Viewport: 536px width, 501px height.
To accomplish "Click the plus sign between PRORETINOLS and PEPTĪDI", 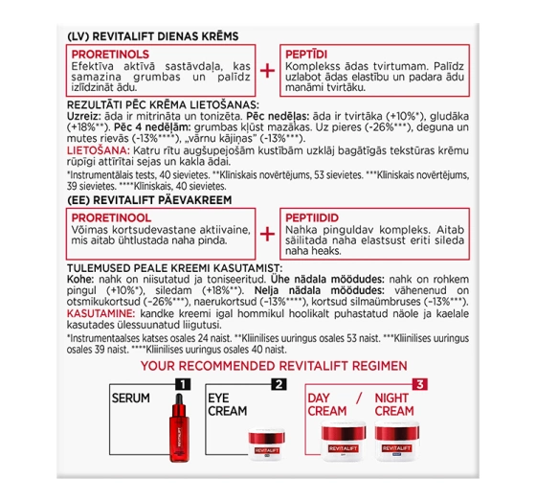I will click(268, 70).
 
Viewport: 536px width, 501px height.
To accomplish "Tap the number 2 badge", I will click(279, 385).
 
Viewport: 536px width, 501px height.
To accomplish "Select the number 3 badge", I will click(417, 385).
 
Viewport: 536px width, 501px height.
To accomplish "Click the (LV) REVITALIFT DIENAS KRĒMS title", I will click(152, 34).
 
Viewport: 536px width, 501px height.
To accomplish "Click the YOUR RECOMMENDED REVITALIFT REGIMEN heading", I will click(268, 367).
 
